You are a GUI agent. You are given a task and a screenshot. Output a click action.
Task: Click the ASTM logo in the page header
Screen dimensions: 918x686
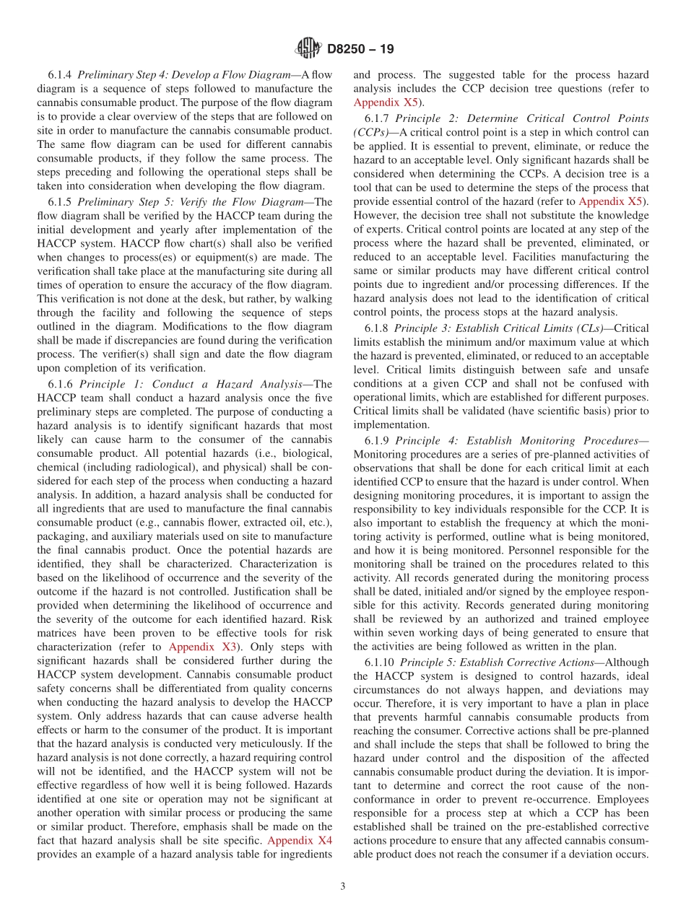point(308,49)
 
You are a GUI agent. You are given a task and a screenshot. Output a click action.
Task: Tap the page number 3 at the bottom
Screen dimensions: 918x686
point(343,886)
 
